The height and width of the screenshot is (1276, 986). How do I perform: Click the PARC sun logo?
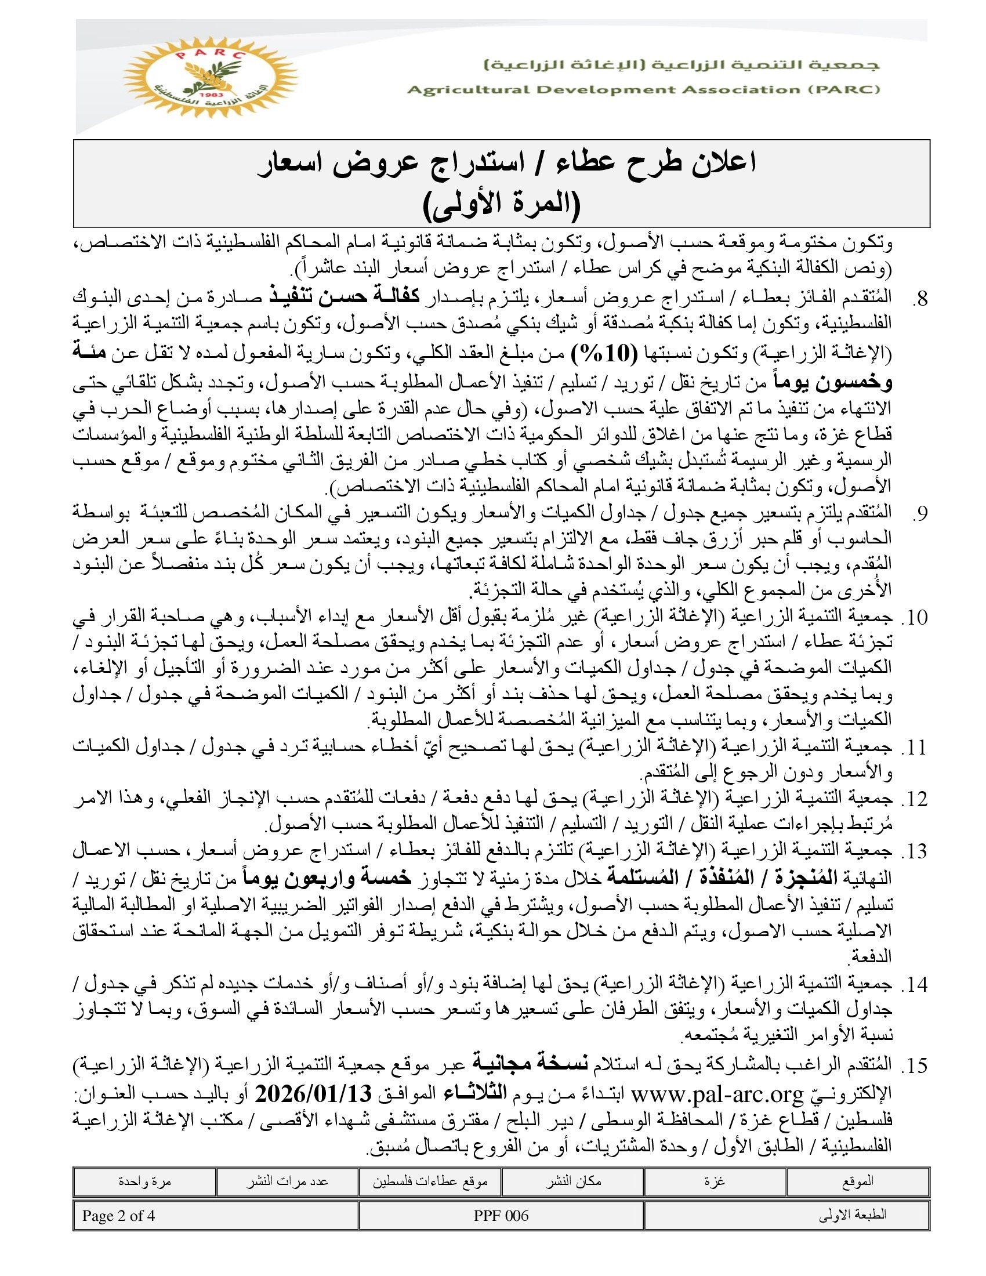pyautogui.click(x=211, y=77)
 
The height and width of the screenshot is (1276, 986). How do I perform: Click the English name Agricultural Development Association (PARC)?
pyautogui.click(x=643, y=90)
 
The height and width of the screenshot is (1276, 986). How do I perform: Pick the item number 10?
pyautogui.click(x=915, y=618)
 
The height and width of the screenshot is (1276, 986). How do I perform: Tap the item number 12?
pyautogui.click(x=915, y=799)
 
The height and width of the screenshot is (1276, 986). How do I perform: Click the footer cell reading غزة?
pyautogui.click(x=715, y=1181)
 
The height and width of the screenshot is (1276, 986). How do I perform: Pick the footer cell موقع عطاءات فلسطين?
pyautogui.click(x=430, y=1181)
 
